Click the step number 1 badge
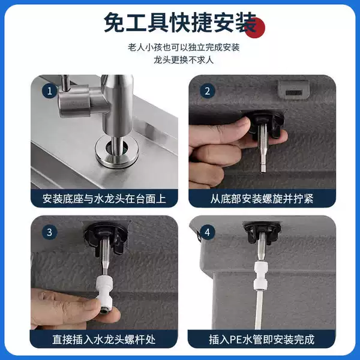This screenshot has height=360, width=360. pos(49,91)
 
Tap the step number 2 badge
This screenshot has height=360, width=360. pos(208,91)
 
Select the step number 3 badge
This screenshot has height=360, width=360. pos(49,232)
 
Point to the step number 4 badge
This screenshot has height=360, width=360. pos(208,232)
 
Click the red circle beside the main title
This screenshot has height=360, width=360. pos(254,28)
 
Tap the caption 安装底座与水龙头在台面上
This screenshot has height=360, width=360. pos(104,199)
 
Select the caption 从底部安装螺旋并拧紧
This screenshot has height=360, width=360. pos(262,199)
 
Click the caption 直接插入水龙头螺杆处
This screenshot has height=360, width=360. pos(104,340)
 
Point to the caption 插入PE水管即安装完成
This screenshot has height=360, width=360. pos(262,340)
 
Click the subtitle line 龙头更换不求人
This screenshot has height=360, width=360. pos(184,60)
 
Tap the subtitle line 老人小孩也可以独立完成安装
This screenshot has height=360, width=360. pos(184,47)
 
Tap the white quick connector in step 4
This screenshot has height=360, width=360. pos(262,275)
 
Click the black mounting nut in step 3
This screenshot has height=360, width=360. pos(106,238)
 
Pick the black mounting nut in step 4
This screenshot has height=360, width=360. pos(262,231)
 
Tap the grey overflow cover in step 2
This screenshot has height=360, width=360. pos(293,89)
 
